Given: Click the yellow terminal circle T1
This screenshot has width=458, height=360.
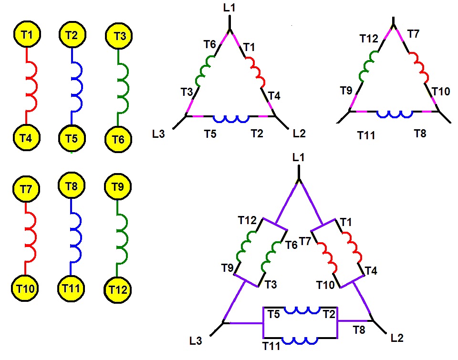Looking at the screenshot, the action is click(x=27, y=34).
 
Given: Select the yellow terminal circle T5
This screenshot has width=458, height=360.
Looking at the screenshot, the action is click(x=72, y=138).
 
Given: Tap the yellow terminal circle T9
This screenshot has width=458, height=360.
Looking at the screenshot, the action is click(x=118, y=186).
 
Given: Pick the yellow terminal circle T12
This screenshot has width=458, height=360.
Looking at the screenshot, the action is click(x=118, y=290).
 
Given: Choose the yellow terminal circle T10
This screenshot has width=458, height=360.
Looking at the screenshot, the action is click(x=25, y=288).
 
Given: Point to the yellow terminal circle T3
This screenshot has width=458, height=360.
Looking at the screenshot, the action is click(x=119, y=36).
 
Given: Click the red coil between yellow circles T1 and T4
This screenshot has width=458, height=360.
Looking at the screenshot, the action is click(x=31, y=87).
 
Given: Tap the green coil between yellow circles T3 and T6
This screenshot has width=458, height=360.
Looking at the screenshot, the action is click(x=123, y=88).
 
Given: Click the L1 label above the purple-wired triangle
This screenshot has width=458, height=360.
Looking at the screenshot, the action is click(x=298, y=157).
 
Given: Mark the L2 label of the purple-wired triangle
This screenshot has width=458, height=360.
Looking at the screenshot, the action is click(x=397, y=338).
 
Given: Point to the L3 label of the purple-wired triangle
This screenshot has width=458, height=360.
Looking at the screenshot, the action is click(x=196, y=341).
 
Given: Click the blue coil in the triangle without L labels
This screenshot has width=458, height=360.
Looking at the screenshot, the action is click(x=395, y=114).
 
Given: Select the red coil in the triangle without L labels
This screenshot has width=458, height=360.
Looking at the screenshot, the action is click(x=419, y=67).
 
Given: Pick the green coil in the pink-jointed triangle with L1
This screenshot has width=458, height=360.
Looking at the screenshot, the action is click(x=205, y=71).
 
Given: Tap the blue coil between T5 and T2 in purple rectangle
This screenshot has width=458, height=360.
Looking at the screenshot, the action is click(x=302, y=310).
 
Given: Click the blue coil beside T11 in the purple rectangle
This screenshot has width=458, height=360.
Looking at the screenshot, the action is click(x=300, y=341).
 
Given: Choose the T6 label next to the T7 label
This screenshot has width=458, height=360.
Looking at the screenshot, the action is click(x=291, y=245).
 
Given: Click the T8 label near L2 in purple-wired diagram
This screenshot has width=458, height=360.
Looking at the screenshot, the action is click(x=359, y=330).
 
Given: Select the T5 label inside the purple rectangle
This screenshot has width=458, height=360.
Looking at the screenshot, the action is click(x=274, y=314).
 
